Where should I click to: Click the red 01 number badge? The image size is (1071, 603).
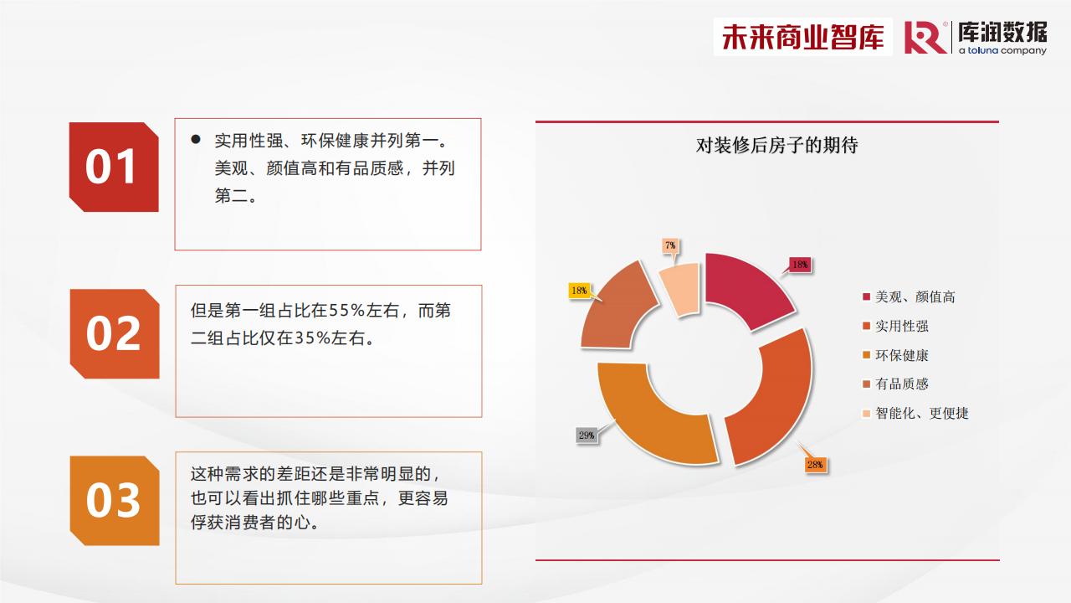[x=114, y=167]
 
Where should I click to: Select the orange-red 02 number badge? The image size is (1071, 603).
[x=115, y=333]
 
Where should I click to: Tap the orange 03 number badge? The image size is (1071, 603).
[x=115, y=501]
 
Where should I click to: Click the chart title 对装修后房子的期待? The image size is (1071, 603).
[x=776, y=145]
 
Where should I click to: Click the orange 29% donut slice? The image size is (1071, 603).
[x=655, y=421]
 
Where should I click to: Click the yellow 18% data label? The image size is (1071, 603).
[x=579, y=291]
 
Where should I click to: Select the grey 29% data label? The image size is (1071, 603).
[x=587, y=435]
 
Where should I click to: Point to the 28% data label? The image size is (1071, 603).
[x=815, y=464]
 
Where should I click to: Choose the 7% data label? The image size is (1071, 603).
[x=670, y=245]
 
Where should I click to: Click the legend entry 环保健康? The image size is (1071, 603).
[x=895, y=355]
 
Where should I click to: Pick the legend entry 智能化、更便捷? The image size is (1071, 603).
[x=915, y=413]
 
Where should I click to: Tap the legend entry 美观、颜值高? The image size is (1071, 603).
[x=909, y=296]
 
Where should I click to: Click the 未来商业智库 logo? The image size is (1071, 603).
[x=802, y=37]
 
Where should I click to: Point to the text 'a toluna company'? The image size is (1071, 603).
[x=1002, y=50]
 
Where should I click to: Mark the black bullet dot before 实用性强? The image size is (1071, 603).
[x=196, y=139]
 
